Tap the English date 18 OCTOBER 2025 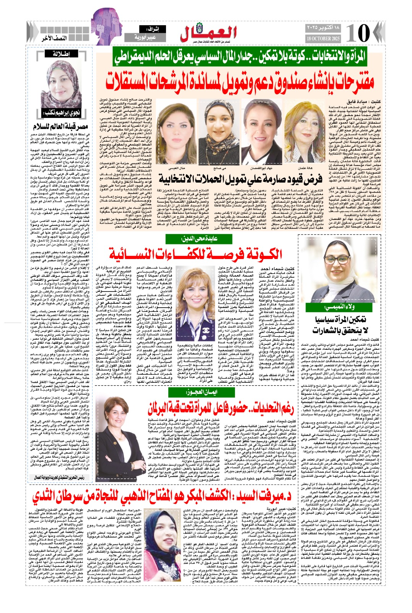click(x=323, y=39)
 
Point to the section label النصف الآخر click(x=54, y=38)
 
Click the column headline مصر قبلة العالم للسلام click(x=60, y=126)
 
